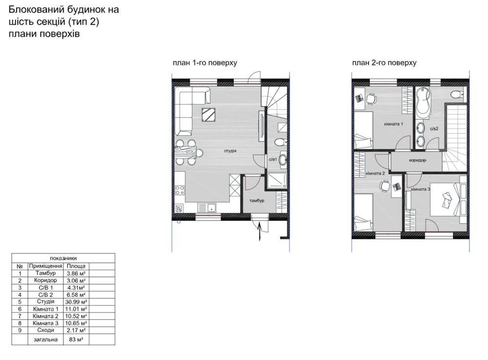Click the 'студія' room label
click(x=230, y=151)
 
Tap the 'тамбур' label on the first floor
click(x=257, y=201)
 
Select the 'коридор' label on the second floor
click(x=417, y=160)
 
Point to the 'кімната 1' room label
click(x=394, y=124)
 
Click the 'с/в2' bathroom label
click(x=434, y=128)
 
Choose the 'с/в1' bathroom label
click(x=273, y=159)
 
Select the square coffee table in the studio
click(x=209, y=115)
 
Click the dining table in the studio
click(x=186, y=152)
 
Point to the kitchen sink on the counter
click(x=207, y=208)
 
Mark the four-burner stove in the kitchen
click(x=180, y=190)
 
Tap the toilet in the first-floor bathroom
click(x=280, y=142)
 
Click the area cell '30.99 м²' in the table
click(x=76, y=302)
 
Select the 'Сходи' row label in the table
click(x=45, y=330)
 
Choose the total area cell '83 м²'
click(x=76, y=339)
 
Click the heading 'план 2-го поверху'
click(x=385, y=63)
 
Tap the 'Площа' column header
click(x=76, y=266)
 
